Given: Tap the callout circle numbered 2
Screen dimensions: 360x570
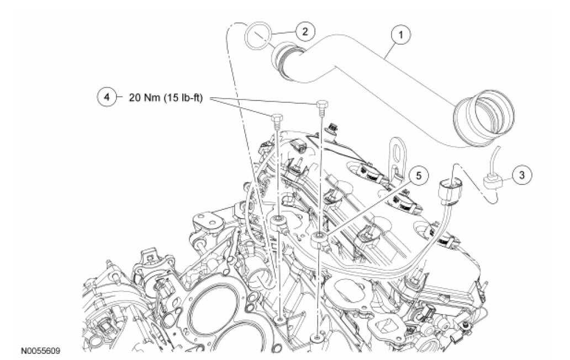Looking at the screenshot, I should [x=304, y=32].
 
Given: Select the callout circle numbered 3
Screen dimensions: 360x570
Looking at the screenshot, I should [x=521, y=175].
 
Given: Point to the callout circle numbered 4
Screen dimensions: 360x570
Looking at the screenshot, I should [x=107, y=97].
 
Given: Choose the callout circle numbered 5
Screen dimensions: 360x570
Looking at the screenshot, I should [x=418, y=176].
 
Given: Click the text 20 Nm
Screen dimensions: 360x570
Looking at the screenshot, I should [x=141, y=98].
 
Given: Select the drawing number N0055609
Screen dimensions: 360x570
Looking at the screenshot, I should [x=41, y=351].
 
